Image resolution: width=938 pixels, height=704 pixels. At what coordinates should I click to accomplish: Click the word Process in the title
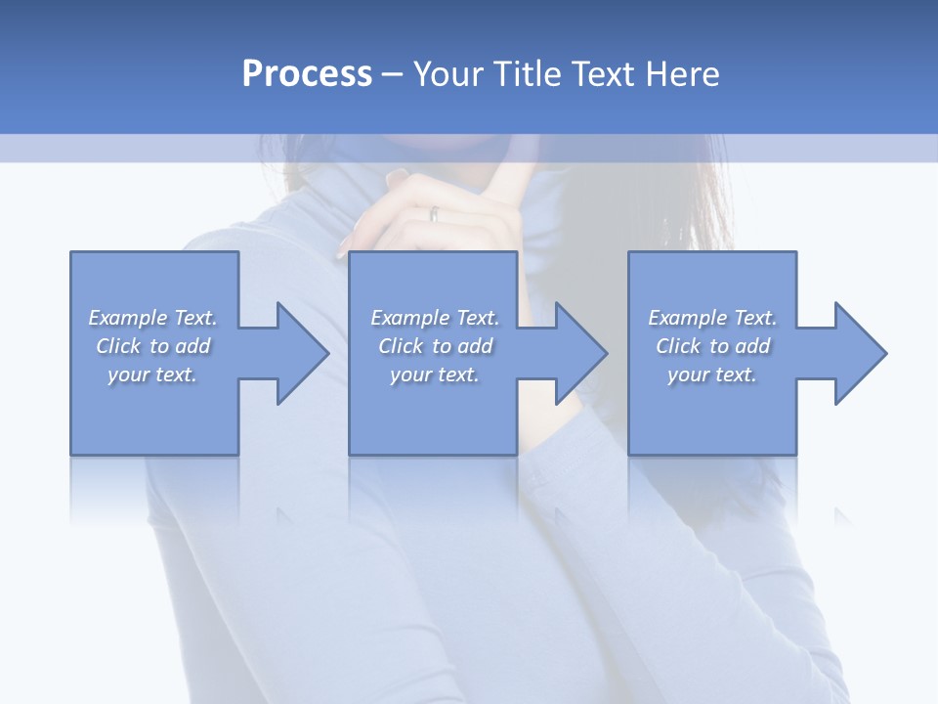coord(307,74)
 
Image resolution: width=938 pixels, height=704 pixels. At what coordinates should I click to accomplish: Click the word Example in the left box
coord(128,318)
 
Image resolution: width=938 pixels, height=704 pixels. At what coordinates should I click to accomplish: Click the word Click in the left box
coord(118,346)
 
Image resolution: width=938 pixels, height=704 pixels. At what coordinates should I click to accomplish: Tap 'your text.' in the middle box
coord(434,374)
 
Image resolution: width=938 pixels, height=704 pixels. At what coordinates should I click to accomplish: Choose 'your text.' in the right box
coord(711,374)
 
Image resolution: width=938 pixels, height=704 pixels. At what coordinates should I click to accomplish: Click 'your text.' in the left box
coord(151,374)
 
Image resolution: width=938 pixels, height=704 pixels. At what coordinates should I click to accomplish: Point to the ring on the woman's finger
coord(434,213)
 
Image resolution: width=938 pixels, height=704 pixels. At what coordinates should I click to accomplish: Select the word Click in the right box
coord(678,346)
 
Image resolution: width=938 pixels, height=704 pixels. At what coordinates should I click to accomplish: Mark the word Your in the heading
coord(448,74)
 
